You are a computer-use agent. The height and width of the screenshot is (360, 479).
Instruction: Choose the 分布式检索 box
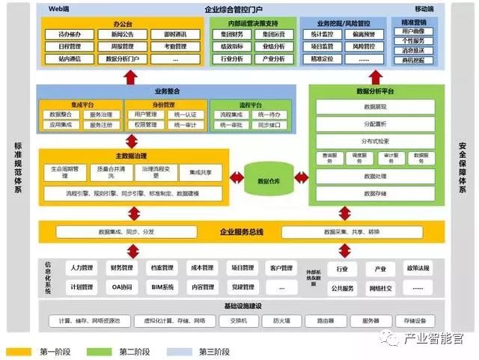(x=374, y=141)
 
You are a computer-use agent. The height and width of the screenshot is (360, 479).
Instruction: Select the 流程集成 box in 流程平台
(x=228, y=115)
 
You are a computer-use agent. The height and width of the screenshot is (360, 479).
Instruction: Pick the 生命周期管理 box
(x=65, y=172)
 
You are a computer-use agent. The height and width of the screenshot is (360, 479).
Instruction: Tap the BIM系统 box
(x=162, y=287)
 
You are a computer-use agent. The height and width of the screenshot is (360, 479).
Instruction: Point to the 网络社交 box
(x=380, y=287)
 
